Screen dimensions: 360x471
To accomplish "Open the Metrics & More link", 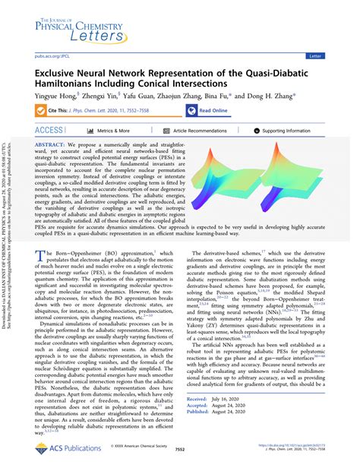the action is tap(103, 131).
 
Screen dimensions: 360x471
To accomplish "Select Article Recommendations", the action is tap(190, 131).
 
